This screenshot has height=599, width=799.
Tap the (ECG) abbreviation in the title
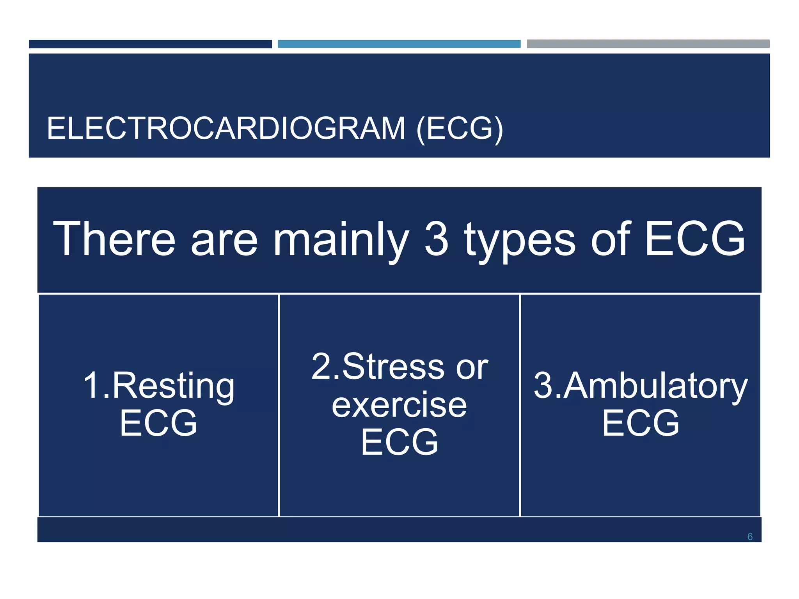coord(460,128)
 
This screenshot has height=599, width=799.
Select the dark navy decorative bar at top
coord(150,44)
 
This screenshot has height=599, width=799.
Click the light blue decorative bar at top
coord(399,44)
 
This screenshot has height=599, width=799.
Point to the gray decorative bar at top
coord(648,44)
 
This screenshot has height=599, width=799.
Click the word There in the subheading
coord(114,239)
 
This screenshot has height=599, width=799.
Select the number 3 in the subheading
coord(436,239)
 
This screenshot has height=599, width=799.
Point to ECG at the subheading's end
coord(694,239)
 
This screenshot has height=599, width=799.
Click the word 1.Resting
coord(159,386)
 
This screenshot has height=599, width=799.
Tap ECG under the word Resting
coord(158,423)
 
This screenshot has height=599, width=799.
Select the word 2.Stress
coord(378,367)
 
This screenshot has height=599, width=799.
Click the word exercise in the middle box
coord(399,405)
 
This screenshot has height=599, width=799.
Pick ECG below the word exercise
coord(399,442)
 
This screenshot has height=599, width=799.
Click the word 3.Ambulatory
coord(640,386)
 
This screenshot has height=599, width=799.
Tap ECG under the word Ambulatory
coord(640,423)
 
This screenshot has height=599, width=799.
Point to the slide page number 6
coord(749,537)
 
